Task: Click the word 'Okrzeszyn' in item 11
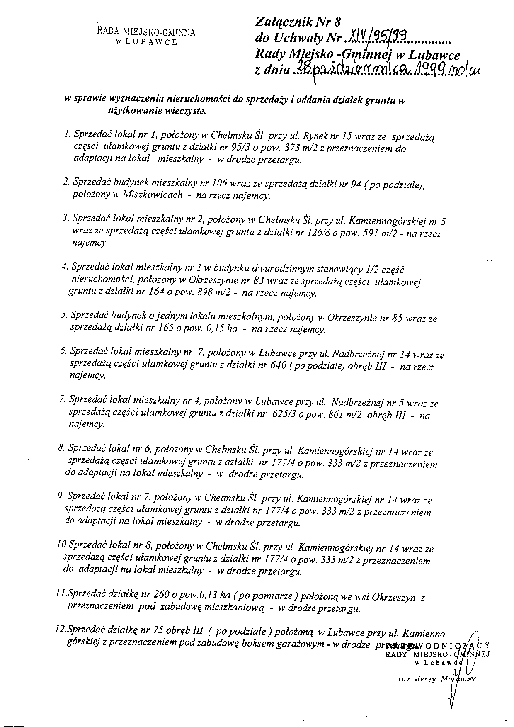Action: pyautogui.click(x=396, y=597)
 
